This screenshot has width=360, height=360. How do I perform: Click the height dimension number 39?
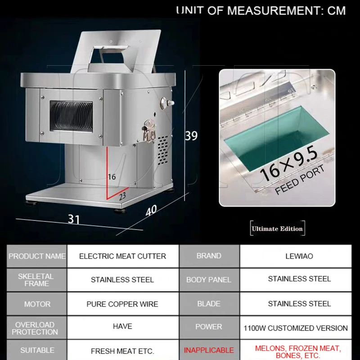[x=191, y=135]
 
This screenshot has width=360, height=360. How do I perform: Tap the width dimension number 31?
[x=74, y=219]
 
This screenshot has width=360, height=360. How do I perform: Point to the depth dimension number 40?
[x=151, y=211]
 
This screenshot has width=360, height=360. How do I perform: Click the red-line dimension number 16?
[x=112, y=177]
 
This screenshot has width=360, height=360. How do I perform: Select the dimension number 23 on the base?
[x=122, y=196]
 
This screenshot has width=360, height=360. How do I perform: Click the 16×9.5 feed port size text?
[x=289, y=163]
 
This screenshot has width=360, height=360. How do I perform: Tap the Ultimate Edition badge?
[x=277, y=229]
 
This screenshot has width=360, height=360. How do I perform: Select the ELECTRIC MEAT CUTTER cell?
[x=123, y=256]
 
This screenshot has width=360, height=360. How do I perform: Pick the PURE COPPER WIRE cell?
[x=123, y=304]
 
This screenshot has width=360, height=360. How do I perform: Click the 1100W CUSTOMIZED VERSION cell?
[x=296, y=328]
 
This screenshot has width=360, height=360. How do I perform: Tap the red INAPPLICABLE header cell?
[x=209, y=350]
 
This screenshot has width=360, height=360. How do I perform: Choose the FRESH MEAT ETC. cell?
[x=123, y=350]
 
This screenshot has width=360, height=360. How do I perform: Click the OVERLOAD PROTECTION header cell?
[x=37, y=328]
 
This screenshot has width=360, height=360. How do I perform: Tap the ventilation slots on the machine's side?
[x=163, y=150]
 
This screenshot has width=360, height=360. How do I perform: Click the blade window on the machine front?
[x=72, y=116]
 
